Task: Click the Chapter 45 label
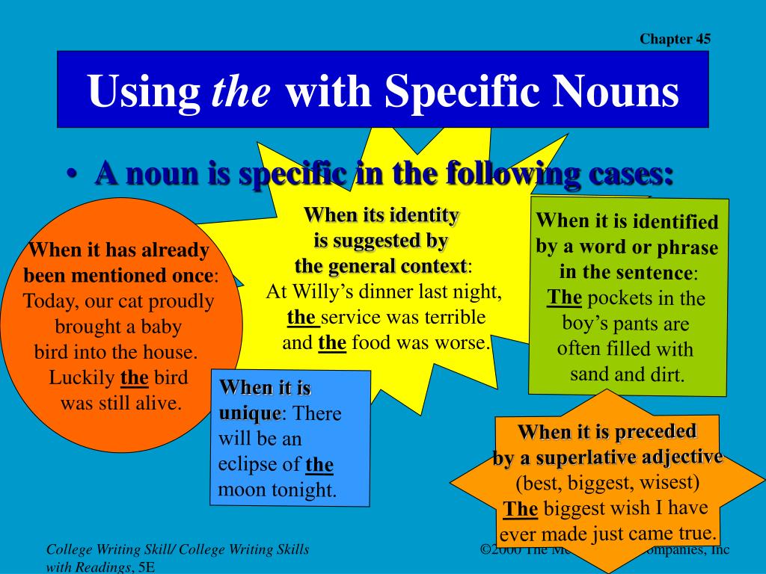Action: (675, 40)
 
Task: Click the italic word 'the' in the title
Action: (242, 92)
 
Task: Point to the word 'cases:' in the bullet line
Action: (632, 175)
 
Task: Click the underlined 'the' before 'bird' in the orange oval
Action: (135, 378)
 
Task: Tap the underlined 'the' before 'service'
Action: (301, 318)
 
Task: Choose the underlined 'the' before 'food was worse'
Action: (332, 343)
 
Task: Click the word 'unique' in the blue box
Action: (250, 413)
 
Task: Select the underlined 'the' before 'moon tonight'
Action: (319, 465)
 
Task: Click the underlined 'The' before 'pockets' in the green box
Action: (565, 298)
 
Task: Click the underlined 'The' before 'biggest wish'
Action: (521, 510)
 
